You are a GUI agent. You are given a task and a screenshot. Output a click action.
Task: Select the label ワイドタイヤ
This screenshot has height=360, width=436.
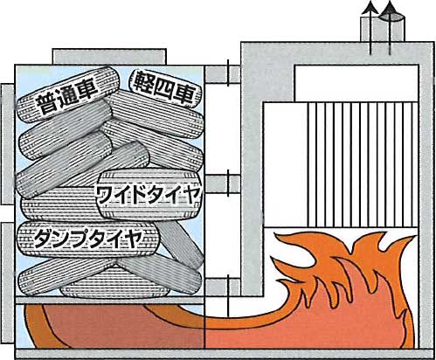[149, 195]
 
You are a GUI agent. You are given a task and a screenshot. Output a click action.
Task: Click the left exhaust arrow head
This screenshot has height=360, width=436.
[370, 7]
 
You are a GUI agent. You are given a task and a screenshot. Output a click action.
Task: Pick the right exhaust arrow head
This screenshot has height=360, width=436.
[391, 8]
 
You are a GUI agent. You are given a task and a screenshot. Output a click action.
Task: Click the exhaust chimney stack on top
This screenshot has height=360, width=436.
[383, 29]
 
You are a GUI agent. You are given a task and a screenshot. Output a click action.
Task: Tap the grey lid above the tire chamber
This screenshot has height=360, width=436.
[109, 57]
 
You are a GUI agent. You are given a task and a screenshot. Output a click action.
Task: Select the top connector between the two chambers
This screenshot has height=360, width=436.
[223, 74]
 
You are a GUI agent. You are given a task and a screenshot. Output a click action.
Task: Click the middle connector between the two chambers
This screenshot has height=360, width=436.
[223, 184]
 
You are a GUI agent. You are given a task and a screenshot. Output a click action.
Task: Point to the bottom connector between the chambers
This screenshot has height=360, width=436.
[223, 287]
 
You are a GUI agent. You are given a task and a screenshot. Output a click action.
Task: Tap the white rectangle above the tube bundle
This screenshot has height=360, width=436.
[356, 83]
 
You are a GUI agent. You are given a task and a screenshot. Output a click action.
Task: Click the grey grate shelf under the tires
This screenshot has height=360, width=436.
[108, 301]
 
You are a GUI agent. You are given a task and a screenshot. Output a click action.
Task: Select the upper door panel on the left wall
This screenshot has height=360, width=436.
[7, 145]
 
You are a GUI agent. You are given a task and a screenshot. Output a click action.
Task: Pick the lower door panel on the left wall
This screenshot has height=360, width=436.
[7, 282]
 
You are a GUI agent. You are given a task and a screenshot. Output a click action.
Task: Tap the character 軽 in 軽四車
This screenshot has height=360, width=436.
[142, 82]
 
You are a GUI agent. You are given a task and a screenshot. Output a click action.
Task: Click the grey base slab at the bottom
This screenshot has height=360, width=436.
[225, 354]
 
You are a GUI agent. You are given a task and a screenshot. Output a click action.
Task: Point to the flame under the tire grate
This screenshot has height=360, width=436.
[114, 326]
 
